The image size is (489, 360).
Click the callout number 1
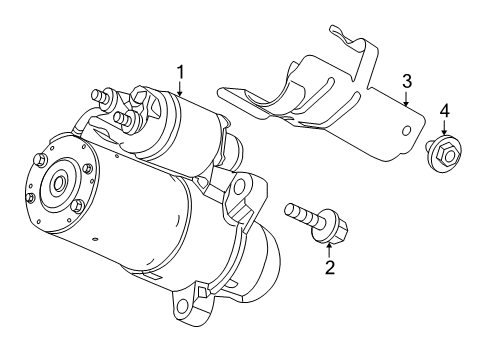(x=180, y=71)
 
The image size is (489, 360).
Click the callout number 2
(x=328, y=267)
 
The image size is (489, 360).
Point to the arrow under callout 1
(x=180, y=87)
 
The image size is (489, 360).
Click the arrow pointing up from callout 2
(x=328, y=249)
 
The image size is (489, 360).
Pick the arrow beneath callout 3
(x=406, y=97)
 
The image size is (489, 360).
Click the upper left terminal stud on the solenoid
(x=100, y=97)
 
